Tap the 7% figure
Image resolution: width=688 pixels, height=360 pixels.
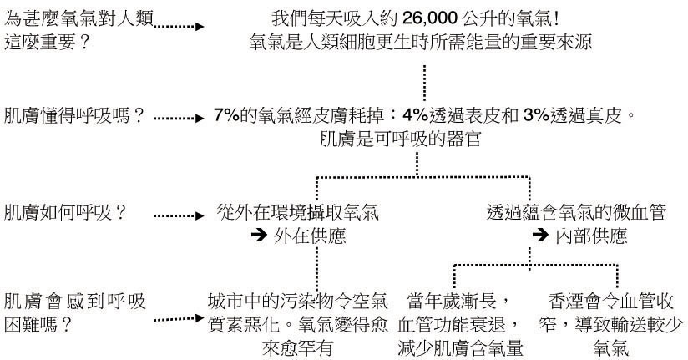227,115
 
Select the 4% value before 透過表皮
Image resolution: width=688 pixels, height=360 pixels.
415,115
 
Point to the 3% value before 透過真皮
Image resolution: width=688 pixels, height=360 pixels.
537,115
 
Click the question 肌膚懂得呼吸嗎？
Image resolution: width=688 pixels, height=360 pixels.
74,116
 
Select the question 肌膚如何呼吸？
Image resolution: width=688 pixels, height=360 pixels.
65,213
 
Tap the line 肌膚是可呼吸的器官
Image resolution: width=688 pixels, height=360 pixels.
401,139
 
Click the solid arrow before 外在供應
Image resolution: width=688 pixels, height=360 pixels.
259,236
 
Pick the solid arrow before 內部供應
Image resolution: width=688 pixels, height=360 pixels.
540,235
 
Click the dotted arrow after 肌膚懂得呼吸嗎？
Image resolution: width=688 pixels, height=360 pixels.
179,118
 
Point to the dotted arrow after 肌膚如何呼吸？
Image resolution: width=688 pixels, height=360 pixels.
179,215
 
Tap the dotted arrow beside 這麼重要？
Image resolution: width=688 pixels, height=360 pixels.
179,27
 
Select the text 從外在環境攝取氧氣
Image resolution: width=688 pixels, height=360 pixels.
298,212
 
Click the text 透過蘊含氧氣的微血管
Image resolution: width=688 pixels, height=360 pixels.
577,212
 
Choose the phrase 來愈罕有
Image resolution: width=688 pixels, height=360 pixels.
297,348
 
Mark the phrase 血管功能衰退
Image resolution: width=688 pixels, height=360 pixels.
452,325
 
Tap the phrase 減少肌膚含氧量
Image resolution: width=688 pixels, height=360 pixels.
461,348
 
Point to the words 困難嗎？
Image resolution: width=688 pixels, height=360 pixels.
38,325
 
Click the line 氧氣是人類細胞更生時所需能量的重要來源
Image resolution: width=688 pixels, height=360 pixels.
421,42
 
